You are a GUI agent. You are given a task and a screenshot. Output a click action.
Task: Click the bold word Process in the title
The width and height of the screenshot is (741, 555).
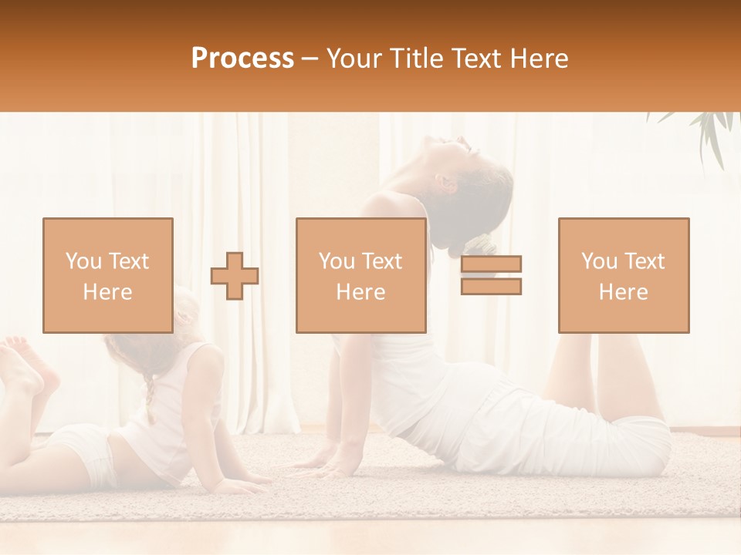click(x=242, y=59)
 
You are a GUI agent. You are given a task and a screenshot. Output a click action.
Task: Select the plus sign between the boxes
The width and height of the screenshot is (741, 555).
click(x=235, y=275)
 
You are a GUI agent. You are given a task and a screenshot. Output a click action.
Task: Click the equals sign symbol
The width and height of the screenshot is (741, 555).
click(x=491, y=275)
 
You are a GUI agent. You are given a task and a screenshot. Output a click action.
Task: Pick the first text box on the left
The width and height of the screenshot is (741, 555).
click(x=107, y=275)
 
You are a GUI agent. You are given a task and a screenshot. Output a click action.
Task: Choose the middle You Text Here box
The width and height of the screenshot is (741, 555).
click(x=360, y=275)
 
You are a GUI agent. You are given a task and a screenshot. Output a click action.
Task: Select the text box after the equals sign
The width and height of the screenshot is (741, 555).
click(x=623, y=275)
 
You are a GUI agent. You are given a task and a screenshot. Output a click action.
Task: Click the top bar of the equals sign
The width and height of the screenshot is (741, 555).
click(x=491, y=264)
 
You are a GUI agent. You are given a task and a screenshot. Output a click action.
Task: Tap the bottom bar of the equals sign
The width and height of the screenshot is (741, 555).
click(x=491, y=287)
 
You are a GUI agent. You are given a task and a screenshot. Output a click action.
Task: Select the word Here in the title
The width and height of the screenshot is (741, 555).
click(x=540, y=59)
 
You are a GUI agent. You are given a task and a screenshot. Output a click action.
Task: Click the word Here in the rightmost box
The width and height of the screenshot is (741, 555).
click(x=623, y=291)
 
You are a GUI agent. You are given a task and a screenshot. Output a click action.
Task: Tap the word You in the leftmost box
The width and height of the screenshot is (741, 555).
click(x=82, y=261)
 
